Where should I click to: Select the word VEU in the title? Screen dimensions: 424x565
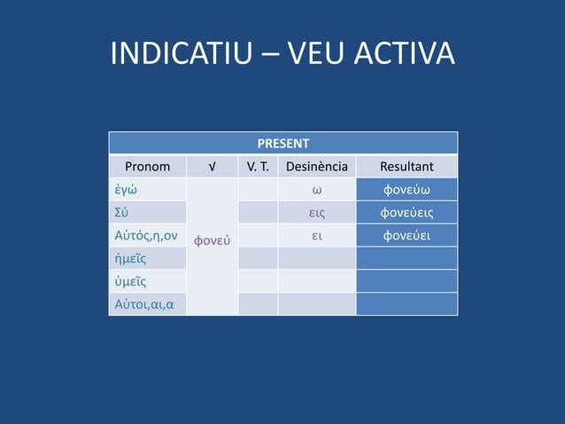point(318,54)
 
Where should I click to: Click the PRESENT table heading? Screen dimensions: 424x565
point(283,143)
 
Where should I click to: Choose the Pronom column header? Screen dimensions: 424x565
point(147,166)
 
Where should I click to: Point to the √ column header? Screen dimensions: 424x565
point(212,166)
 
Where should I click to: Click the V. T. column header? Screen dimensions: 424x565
point(258,166)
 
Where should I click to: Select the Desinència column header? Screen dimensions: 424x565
point(316,166)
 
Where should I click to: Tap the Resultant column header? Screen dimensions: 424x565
point(406,166)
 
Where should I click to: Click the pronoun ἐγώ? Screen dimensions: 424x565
point(125,190)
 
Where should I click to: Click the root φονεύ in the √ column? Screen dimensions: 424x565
point(212,239)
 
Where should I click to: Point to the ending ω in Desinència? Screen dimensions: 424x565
point(316,190)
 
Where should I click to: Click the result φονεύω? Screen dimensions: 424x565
point(406,190)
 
